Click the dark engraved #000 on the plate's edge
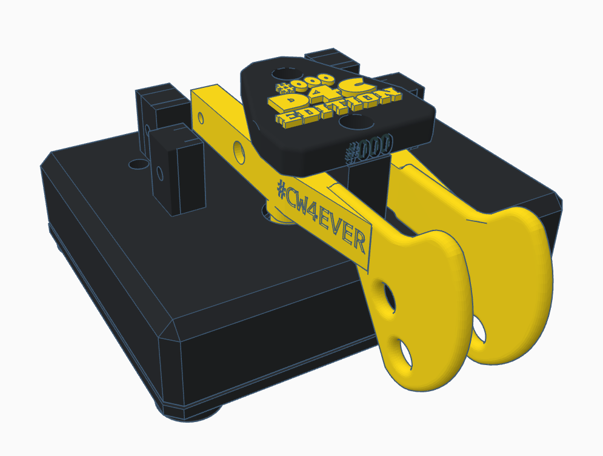tap(369, 147)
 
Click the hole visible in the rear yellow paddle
tap(479, 329)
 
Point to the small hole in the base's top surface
tap(138, 164)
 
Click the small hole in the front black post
tap(160, 175)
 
